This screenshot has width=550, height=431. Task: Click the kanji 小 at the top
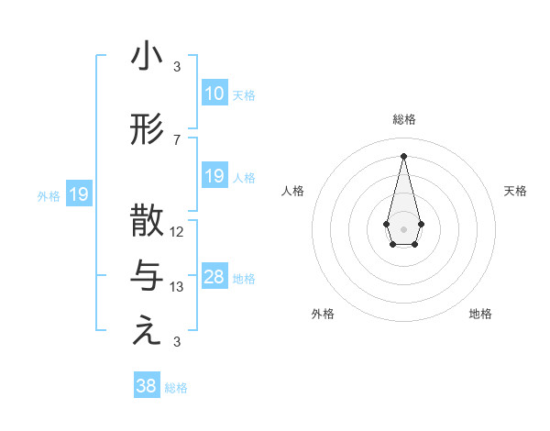[148, 57]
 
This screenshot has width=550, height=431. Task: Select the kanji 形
[148, 130]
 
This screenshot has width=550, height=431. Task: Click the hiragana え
[148, 332]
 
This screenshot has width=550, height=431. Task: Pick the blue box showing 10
[214, 94]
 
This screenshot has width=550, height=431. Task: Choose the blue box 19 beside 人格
[214, 176]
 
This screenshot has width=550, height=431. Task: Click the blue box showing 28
[214, 277]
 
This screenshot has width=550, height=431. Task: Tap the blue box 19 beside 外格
[79, 194]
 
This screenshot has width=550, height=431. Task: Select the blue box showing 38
[147, 386]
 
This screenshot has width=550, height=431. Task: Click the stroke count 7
[177, 140]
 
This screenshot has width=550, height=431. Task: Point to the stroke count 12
[177, 232]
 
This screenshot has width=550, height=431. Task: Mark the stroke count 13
[177, 287]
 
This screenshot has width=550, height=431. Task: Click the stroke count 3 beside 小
[177, 67]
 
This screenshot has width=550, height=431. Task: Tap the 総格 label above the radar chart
[403, 119]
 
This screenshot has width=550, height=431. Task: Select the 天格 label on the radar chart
[515, 191]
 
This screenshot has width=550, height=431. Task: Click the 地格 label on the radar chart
[480, 314]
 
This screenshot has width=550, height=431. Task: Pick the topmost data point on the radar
[403, 155]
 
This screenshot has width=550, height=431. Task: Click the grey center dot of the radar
[403, 227]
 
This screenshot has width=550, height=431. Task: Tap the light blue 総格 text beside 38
[176, 388]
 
